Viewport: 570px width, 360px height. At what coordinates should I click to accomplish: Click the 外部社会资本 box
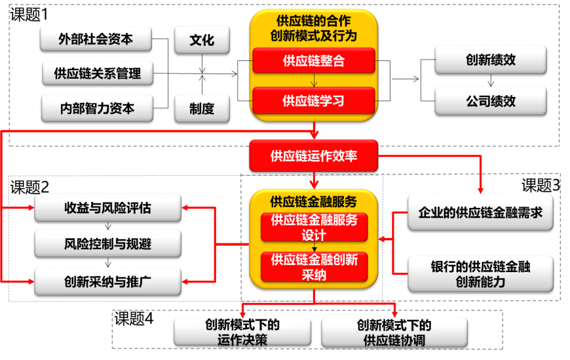96,39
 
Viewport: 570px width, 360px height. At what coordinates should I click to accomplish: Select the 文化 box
202,40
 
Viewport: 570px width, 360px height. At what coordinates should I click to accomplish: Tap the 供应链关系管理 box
97,73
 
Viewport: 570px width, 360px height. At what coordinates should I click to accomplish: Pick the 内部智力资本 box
97,108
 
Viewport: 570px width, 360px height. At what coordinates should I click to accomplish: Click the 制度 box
202,108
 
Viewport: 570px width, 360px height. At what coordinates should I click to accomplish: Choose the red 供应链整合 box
314,61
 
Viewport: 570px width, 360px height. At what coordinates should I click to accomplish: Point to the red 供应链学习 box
314,100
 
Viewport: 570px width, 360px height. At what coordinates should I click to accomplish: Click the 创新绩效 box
491,60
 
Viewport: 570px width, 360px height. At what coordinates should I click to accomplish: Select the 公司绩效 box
491,101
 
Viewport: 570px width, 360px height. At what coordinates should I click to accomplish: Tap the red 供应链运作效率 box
314,156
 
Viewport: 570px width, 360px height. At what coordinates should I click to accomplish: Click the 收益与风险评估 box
107,208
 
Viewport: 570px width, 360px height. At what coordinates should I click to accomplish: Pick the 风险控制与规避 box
107,244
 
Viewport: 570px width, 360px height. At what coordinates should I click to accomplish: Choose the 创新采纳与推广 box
107,282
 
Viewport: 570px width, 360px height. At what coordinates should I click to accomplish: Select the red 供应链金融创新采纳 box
314,268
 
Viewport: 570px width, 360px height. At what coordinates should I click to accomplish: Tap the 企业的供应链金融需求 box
480,212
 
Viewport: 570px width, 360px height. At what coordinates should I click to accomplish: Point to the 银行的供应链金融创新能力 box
480,274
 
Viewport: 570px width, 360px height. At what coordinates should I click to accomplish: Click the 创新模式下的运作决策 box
242,332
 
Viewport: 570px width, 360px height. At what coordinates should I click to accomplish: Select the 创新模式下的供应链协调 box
394,332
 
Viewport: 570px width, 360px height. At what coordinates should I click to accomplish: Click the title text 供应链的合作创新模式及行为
314,28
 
